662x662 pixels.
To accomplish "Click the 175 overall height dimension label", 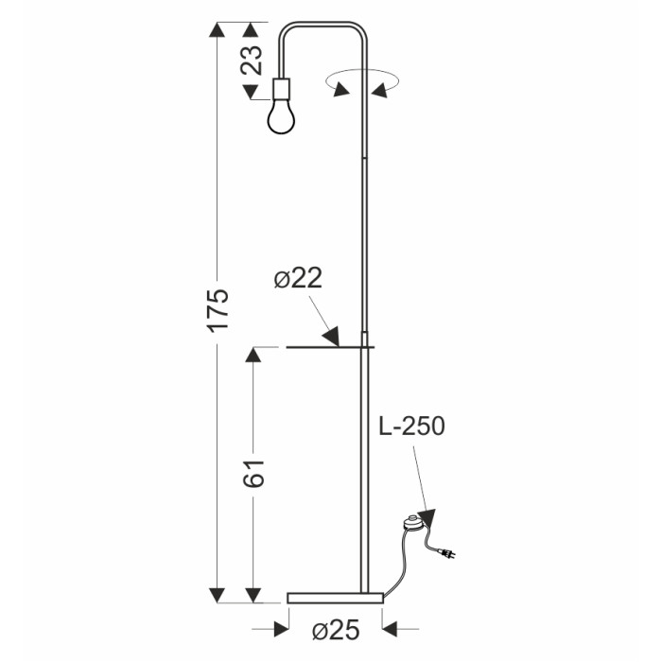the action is pos(218,310).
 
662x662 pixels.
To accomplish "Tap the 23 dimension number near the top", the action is pos(252,60).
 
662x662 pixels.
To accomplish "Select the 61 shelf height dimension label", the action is pos(253,474).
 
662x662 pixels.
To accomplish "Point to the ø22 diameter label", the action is pos(298,278).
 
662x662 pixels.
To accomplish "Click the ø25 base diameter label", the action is pos(336,631).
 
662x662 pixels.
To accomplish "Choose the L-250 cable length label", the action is pos(411,426).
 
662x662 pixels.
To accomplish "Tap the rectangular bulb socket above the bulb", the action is pos(282,88).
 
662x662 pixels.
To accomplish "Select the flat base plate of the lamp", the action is pos(335,598).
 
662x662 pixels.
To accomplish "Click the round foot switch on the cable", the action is pos(412,523).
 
